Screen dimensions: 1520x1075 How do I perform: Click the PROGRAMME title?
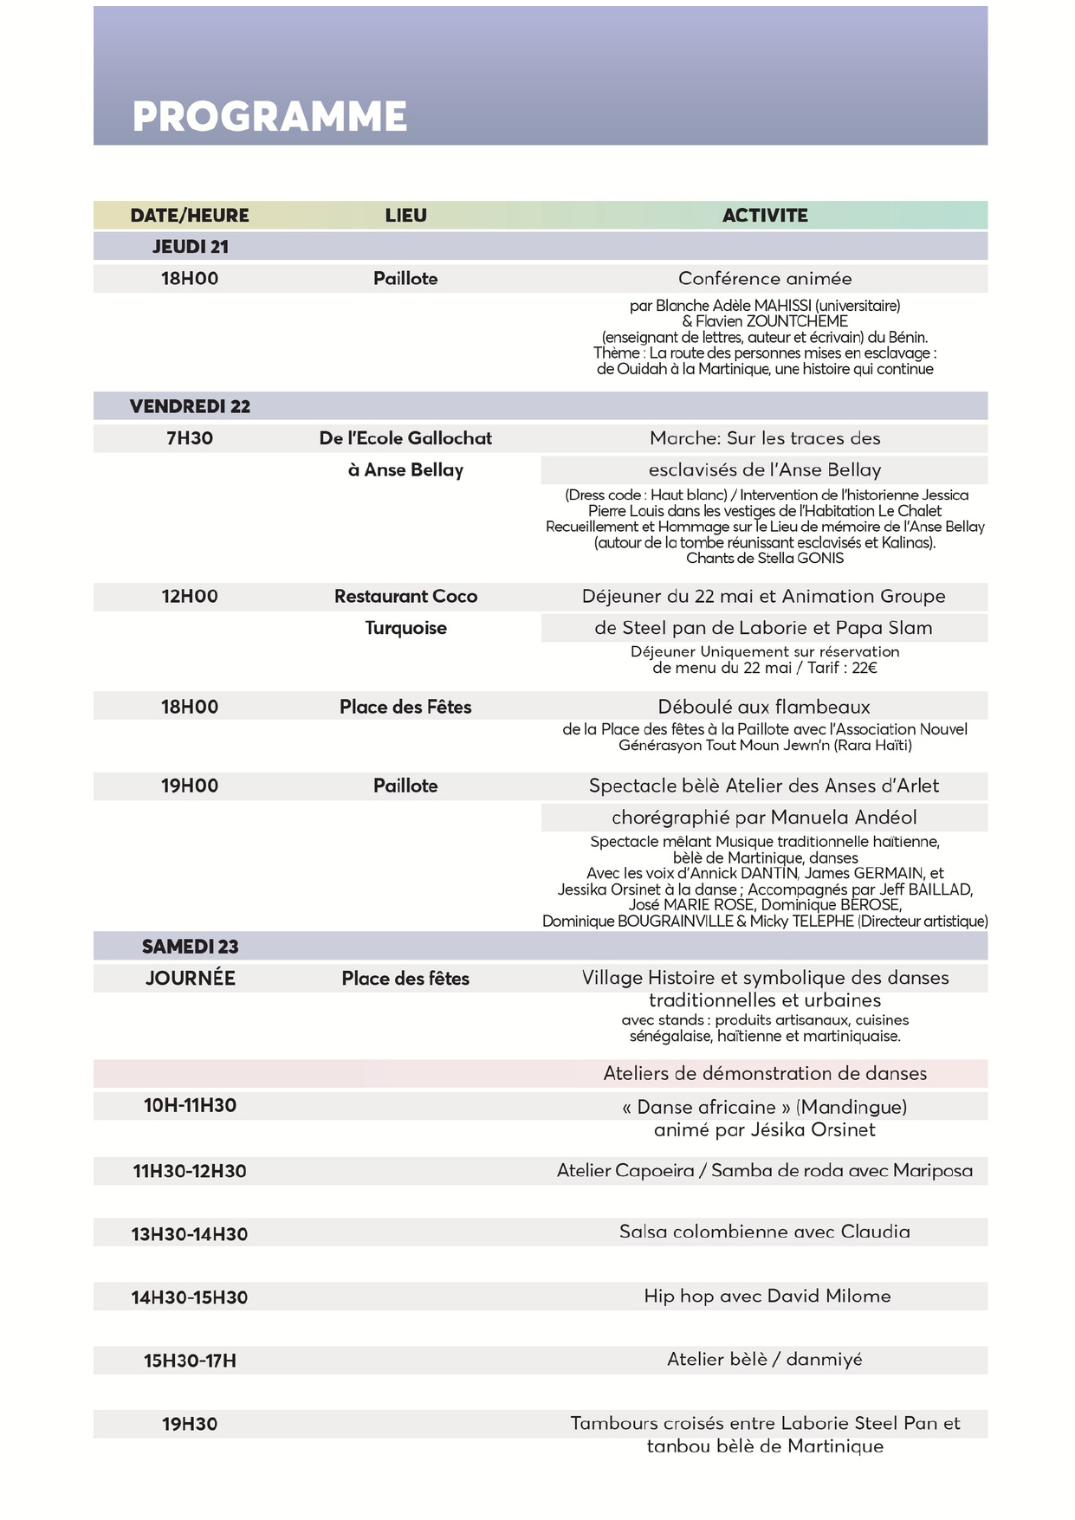click(269, 117)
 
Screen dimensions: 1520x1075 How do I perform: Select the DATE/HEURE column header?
click(190, 216)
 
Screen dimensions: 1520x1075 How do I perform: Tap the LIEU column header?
click(405, 216)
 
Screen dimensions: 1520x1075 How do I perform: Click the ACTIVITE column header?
click(765, 216)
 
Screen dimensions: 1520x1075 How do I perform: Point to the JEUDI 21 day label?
click(191, 247)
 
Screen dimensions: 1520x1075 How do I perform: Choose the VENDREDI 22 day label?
click(190, 406)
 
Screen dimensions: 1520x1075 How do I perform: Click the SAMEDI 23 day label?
click(191, 947)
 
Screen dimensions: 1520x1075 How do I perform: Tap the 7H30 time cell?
click(190, 438)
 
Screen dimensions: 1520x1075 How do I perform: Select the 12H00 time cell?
click(190, 597)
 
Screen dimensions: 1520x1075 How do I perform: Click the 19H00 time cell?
click(190, 786)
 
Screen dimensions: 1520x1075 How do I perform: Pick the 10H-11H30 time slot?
click(190, 1106)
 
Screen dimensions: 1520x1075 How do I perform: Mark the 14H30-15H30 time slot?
click(190, 1297)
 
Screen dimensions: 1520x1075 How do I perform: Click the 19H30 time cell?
click(190, 1424)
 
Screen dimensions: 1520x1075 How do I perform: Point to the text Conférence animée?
click(765, 279)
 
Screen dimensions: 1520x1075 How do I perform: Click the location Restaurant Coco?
click(405, 597)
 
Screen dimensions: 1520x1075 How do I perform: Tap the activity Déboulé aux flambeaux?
click(764, 707)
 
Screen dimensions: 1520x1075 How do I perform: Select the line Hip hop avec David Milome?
click(767, 1297)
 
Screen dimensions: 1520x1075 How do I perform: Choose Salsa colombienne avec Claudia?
click(765, 1232)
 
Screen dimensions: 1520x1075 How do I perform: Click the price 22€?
click(865, 668)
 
